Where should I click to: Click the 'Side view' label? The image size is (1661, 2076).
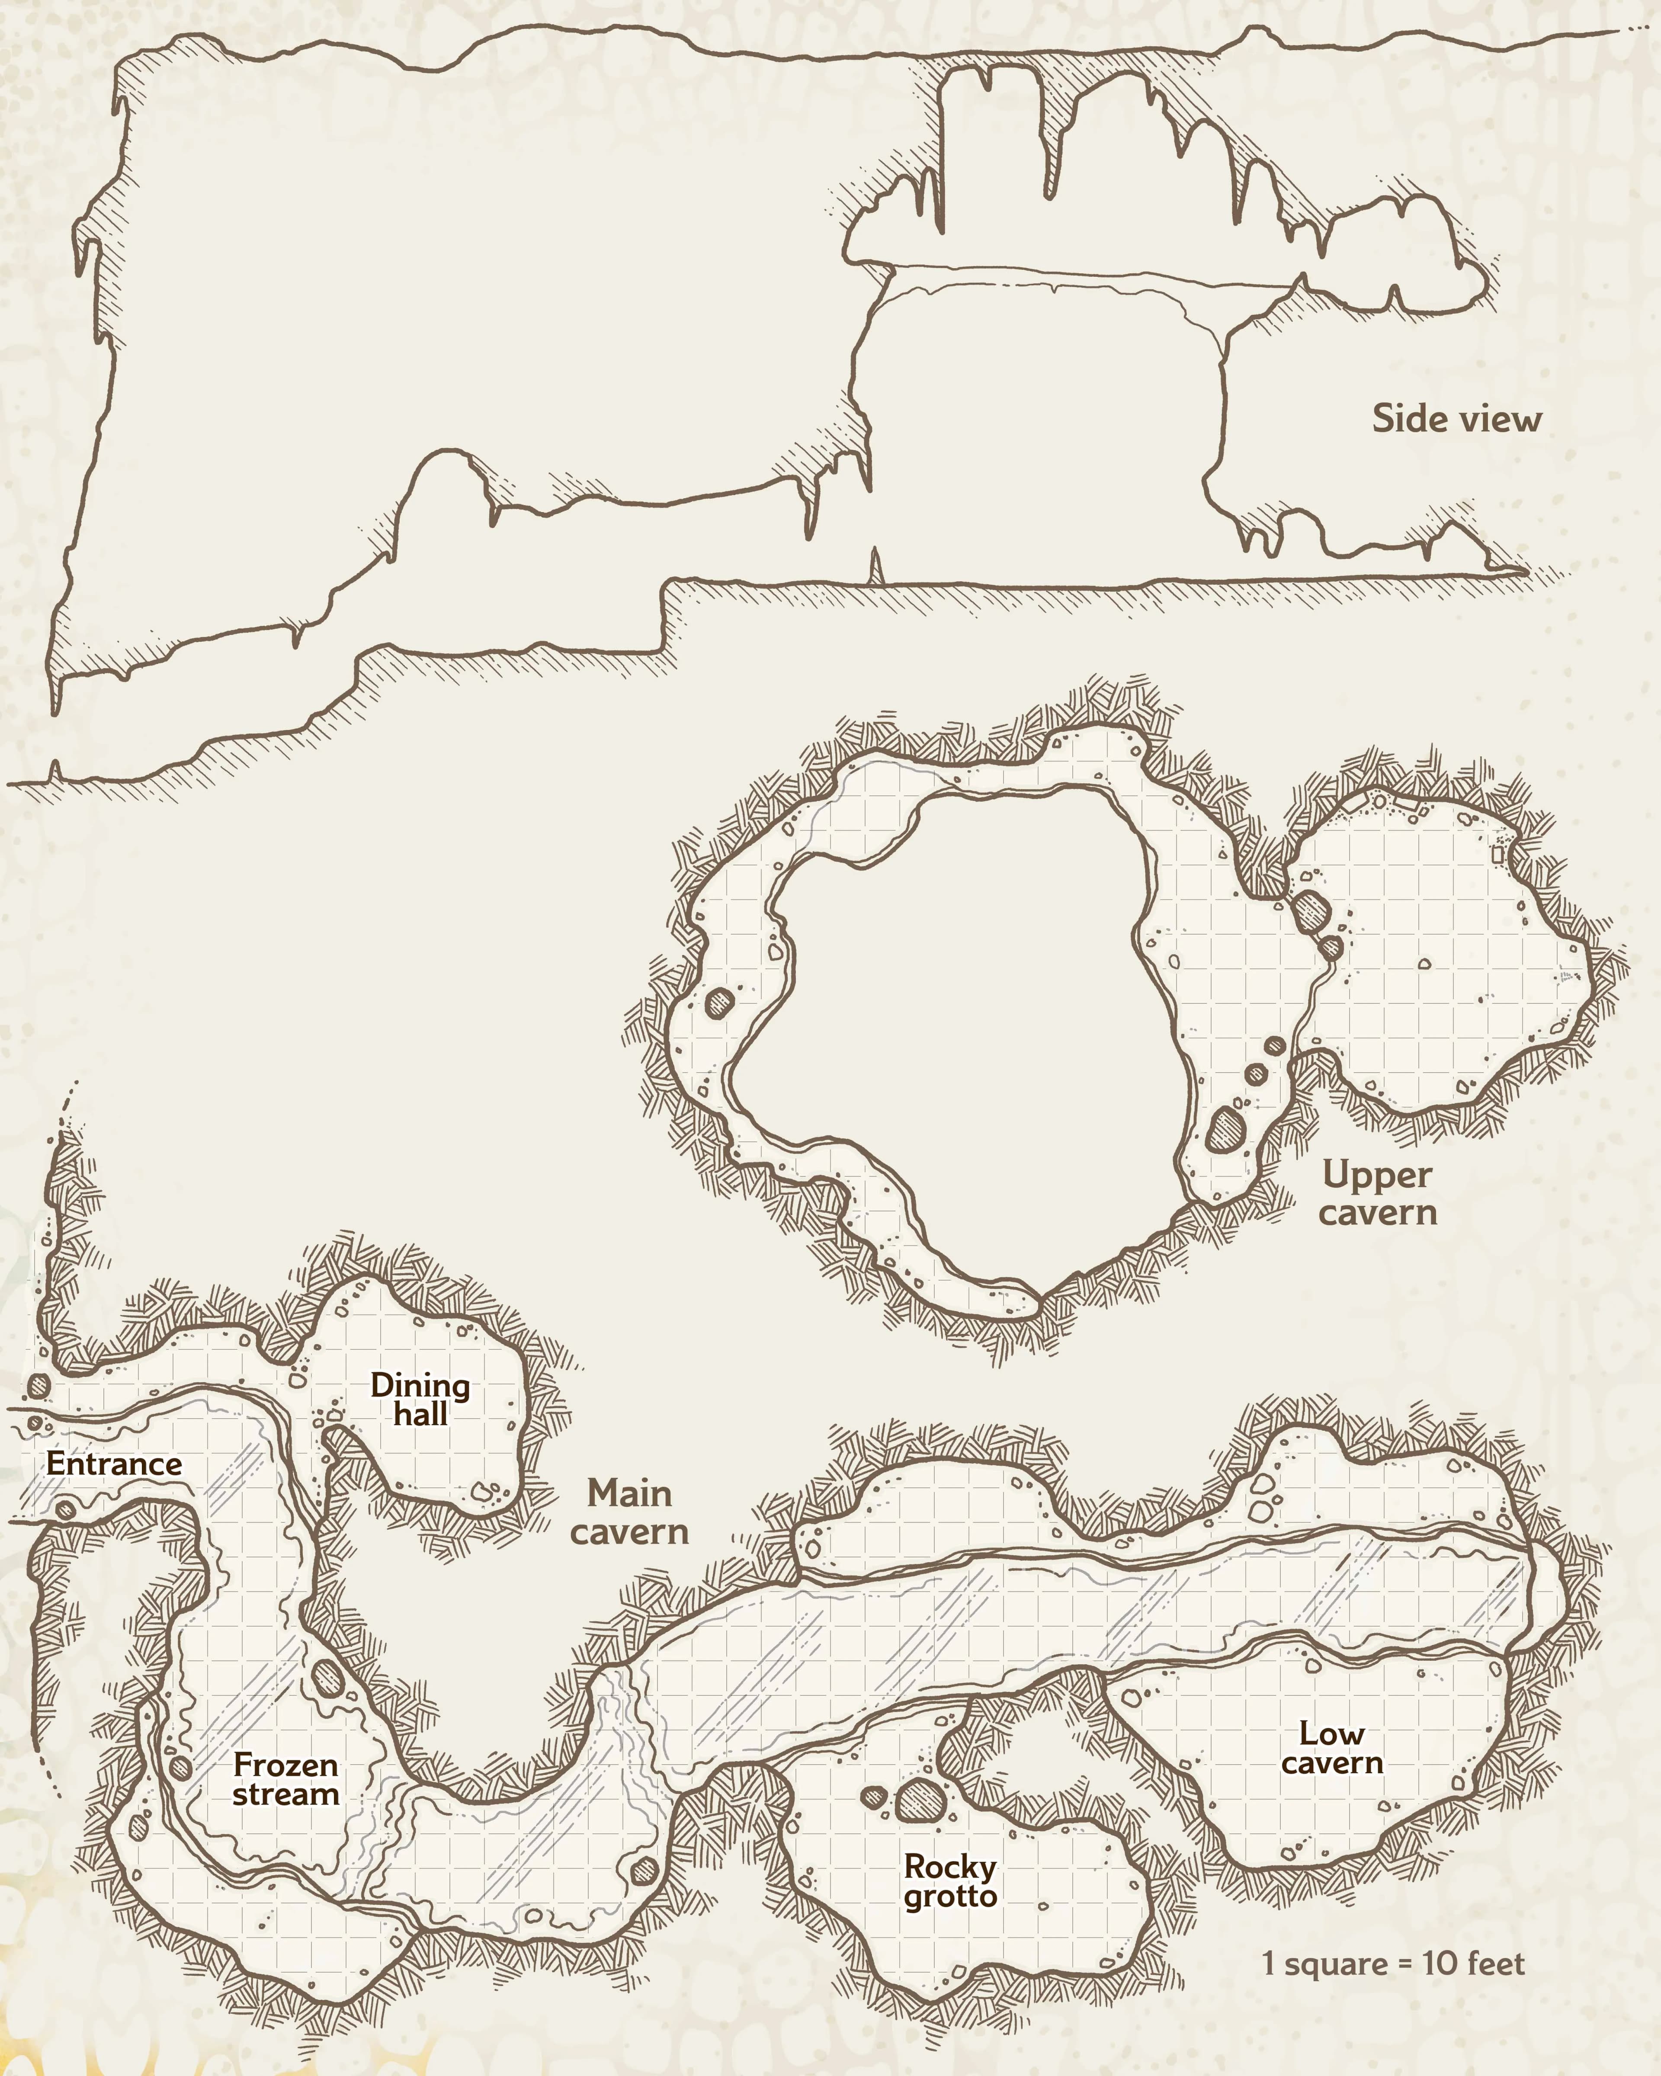pos(1456,419)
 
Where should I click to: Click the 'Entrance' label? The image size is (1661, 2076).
pos(114,1464)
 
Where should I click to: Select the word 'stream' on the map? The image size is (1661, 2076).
pos(286,1795)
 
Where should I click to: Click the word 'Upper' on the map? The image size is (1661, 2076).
pos(1377,1176)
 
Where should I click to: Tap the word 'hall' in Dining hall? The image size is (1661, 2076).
pos(421,1415)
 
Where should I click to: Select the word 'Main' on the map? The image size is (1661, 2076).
pos(630,1494)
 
